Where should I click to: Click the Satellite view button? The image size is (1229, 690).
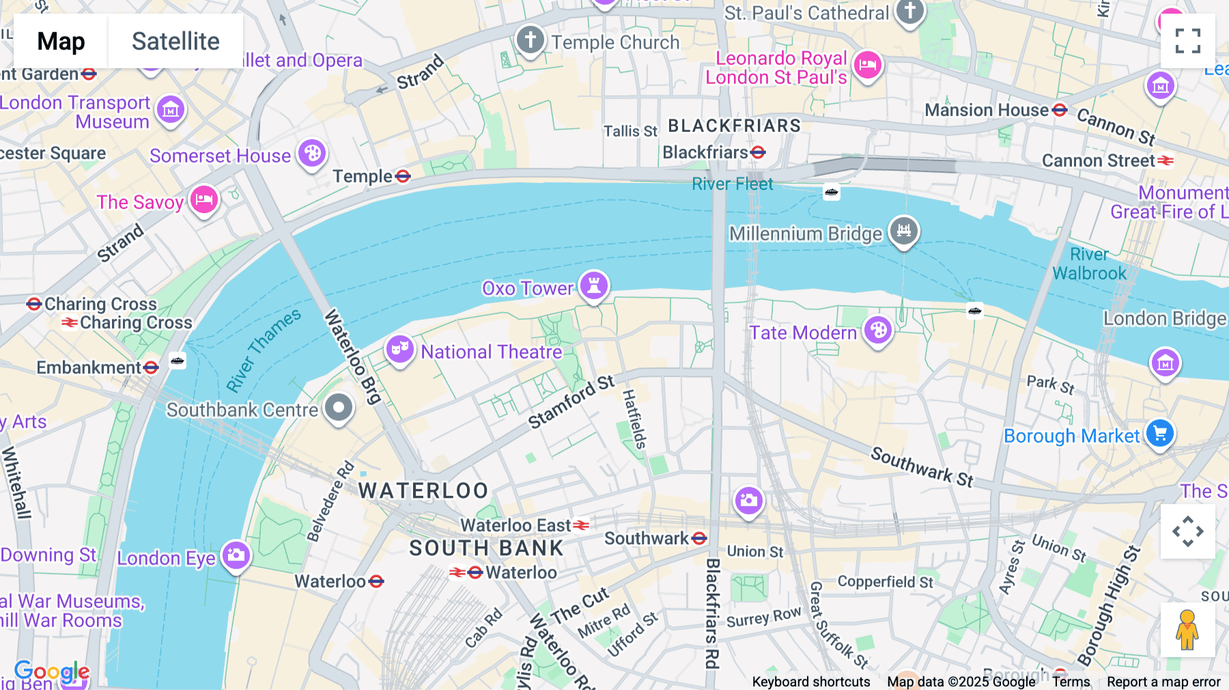pos(175,41)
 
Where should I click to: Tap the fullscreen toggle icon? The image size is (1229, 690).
pos(1187,41)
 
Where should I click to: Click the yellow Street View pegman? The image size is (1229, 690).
pos(1187,629)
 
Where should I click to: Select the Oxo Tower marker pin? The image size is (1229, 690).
pos(594,286)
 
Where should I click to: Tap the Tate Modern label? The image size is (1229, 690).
pos(803,333)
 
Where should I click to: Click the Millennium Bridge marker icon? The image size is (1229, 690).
pos(904,231)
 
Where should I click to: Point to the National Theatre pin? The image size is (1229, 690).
pos(399,349)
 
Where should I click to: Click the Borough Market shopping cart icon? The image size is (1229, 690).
pos(1159,433)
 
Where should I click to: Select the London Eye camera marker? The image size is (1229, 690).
pos(236,555)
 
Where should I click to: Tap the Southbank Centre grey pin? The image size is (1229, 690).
pos(338,408)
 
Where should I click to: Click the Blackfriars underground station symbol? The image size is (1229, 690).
pos(758,152)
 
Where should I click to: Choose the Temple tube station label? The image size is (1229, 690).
pos(363,176)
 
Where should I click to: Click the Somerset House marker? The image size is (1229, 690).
pos(312,154)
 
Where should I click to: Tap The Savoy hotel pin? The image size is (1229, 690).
pos(204,200)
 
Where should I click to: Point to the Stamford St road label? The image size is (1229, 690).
pos(571,402)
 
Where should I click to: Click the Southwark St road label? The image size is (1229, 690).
pos(922,467)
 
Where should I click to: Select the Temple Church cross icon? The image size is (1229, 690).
pos(531,40)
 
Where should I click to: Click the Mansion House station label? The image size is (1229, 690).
pos(987,110)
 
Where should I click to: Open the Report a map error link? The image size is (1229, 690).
pos(1163,682)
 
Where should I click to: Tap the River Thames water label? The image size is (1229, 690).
pos(264,350)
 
